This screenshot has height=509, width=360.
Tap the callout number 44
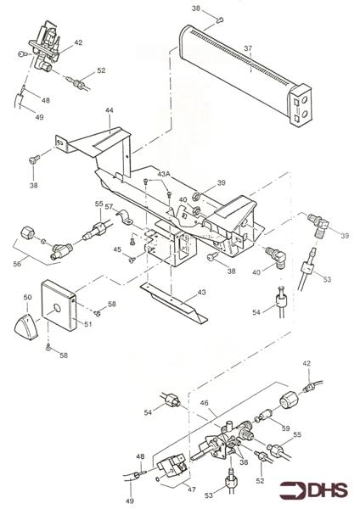click(x=110, y=111)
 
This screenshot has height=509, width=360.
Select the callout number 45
click(x=118, y=249)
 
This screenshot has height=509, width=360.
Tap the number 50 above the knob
click(x=27, y=298)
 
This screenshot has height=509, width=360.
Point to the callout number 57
click(x=110, y=206)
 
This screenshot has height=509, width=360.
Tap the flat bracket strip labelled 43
click(x=174, y=305)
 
